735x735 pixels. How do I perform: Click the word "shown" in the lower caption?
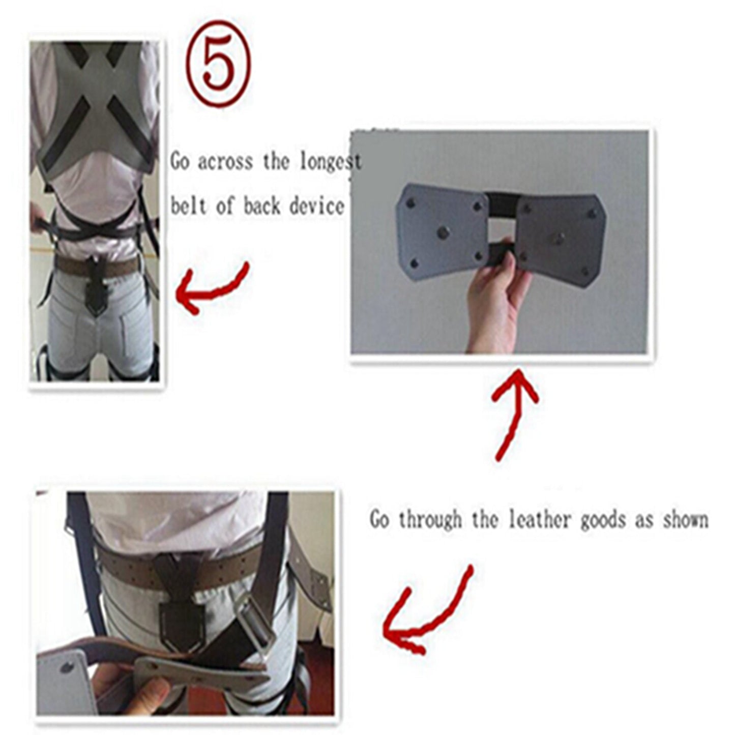tap(685, 520)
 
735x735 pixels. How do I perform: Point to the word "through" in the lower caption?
tap(430, 520)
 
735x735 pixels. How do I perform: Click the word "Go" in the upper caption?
tap(180, 162)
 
